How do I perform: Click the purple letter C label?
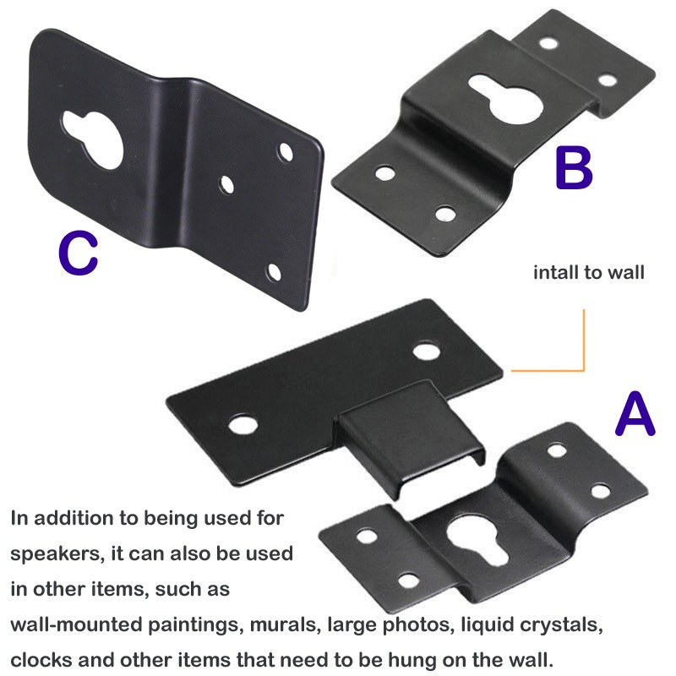[78, 253]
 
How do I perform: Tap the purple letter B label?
[574, 168]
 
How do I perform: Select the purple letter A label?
[635, 414]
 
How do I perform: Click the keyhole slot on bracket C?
[95, 138]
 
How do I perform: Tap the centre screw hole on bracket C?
[226, 184]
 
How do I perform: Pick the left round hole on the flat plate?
[243, 424]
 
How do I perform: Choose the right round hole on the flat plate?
[427, 350]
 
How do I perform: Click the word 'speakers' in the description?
[57, 554]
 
